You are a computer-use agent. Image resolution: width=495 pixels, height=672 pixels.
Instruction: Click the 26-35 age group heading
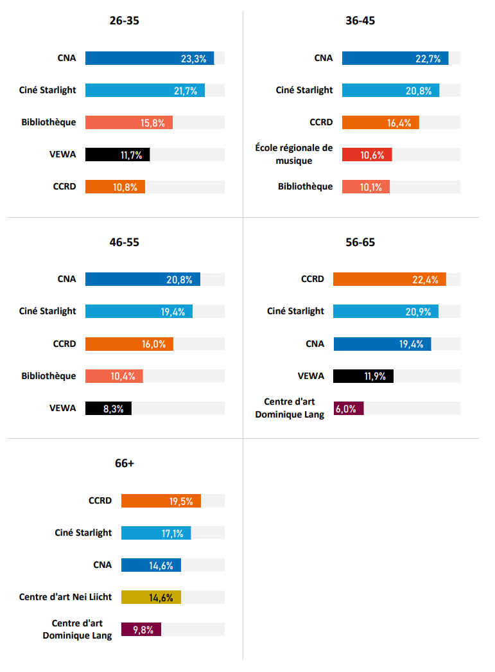click(124, 21)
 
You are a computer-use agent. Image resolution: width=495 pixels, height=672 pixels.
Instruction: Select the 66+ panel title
click(124, 463)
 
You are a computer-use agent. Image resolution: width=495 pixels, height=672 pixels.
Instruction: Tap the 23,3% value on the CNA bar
click(193, 58)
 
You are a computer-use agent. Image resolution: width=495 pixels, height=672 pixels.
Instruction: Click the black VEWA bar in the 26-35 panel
click(117, 155)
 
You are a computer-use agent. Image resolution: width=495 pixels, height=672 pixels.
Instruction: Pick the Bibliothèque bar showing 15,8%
click(129, 123)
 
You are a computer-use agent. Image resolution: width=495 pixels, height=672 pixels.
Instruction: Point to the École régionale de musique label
click(294, 154)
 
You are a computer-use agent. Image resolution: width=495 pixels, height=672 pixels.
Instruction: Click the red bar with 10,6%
click(367, 155)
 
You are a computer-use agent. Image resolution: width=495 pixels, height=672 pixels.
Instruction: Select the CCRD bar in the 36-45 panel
click(381, 123)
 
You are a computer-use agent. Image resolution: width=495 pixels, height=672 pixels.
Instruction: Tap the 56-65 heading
click(360, 242)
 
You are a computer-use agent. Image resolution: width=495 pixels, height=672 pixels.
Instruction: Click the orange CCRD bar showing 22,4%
click(390, 279)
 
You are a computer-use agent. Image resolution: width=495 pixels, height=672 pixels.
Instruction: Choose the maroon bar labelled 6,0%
click(349, 409)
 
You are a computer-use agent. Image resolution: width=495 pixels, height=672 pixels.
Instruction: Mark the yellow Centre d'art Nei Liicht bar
click(151, 597)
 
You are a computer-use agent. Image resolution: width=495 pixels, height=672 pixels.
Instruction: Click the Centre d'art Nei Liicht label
click(65, 597)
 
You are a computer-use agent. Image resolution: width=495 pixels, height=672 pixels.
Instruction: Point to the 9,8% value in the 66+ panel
click(143, 630)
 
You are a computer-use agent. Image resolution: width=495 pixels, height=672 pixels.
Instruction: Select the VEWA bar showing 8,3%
click(109, 409)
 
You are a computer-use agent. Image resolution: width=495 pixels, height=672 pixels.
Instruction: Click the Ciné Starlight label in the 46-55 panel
click(48, 311)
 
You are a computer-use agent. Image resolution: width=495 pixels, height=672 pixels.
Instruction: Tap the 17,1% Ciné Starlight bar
click(156, 533)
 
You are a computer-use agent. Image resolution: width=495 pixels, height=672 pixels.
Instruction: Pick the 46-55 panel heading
click(124, 242)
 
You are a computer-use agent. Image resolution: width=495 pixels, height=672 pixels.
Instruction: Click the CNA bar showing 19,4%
click(383, 344)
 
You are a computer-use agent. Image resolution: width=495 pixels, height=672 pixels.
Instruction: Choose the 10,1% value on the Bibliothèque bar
click(371, 188)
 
